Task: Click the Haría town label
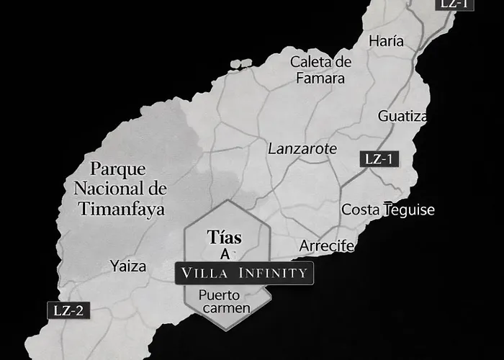(x=386, y=41)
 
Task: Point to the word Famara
(x=320, y=78)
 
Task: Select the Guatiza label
(x=402, y=116)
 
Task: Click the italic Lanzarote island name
(x=302, y=149)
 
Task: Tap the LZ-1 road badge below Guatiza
(x=378, y=159)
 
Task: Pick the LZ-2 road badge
(x=69, y=311)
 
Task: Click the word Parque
(x=118, y=170)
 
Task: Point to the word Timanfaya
(x=120, y=210)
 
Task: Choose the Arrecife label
(x=327, y=246)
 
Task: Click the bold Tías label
(x=224, y=237)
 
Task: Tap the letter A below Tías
(x=225, y=254)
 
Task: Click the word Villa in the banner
(x=206, y=273)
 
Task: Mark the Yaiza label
(x=128, y=266)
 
